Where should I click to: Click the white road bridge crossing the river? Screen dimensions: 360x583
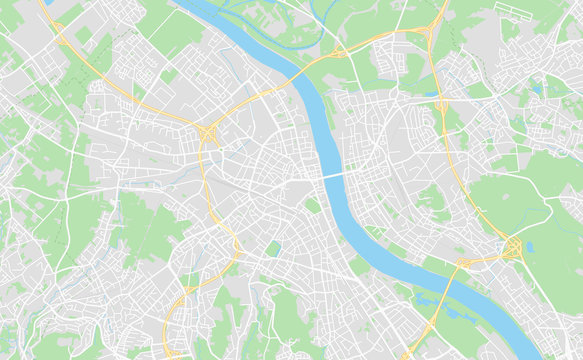[x=334, y=174]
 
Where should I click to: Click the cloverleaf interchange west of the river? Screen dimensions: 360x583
[x=208, y=132]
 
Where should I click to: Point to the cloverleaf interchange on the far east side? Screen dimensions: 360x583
[x=513, y=247]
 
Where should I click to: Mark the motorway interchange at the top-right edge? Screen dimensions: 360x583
[x=438, y=22]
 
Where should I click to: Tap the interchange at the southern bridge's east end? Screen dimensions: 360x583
[x=464, y=263]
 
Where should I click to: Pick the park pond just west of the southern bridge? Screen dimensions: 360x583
[x=425, y=295]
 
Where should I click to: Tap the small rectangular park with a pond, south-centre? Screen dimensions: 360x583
[x=273, y=248]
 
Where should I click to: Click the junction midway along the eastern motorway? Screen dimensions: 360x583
[x=441, y=102]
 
